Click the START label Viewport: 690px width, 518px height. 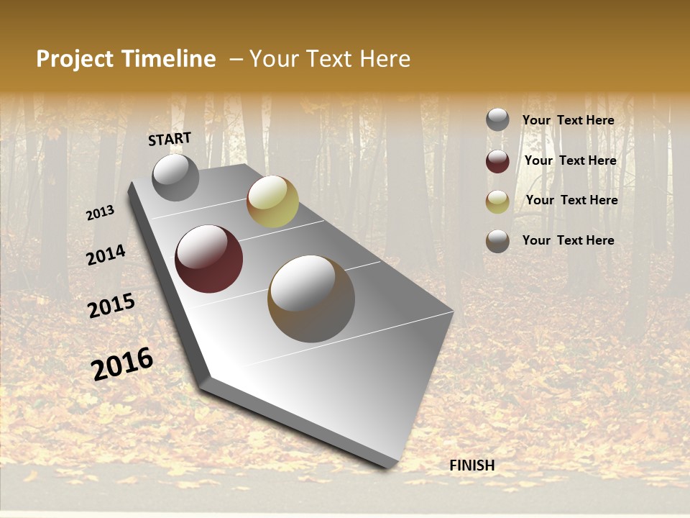(170, 139)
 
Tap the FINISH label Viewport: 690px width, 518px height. (472, 465)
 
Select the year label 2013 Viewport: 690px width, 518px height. (101, 213)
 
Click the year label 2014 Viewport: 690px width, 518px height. (106, 255)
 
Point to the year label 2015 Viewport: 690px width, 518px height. (111, 306)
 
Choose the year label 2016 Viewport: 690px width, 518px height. (122, 364)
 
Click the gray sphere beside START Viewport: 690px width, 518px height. (175, 177)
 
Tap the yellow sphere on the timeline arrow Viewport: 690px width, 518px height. (272, 201)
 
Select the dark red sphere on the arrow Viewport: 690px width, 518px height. (208, 259)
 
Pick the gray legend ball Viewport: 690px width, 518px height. (497, 120)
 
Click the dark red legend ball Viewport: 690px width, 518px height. (497, 161)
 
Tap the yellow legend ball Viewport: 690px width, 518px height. (497, 201)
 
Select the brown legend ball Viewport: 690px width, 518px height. (497, 241)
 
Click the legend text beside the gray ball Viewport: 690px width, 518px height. (568, 121)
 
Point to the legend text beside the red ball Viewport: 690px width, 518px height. (570, 160)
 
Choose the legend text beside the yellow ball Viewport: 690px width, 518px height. (571, 200)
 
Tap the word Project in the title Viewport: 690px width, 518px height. (74, 59)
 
